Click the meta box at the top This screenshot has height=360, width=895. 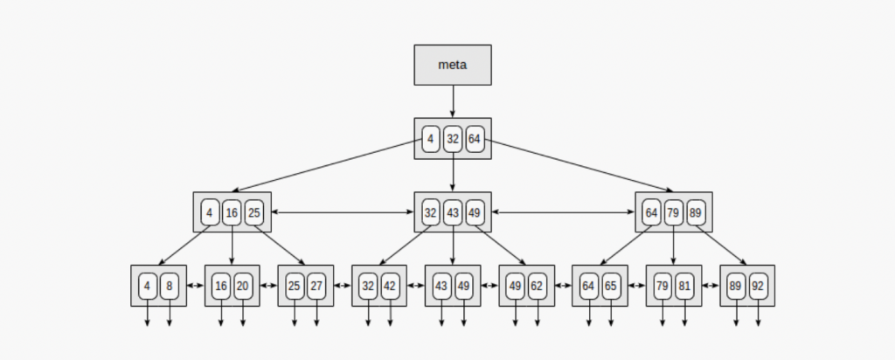pyautogui.click(x=453, y=65)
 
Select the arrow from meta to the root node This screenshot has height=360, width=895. pyautogui.click(x=453, y=101)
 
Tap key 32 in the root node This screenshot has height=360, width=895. pyautogui.click(x=453, y=139)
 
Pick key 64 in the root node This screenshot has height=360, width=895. pyautogui.click(x=475, y=139)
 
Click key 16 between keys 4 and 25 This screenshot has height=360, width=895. pyautogui.click(x=232, y=212)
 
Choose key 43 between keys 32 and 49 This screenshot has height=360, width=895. pyautogui.click(x=453, y=212)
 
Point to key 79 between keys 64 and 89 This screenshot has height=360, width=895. pyautogui.click(x=674, y=212)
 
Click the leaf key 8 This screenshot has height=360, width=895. pyautogui.click(x=169, y=285)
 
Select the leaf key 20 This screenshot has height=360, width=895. pyautogui.click(x=242, y=285)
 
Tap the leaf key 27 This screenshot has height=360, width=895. pyautogui.click(x=316, y=285)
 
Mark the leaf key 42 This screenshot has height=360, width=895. pyautogui.click(x=390, y=285)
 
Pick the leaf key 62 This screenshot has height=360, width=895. pyautogui.click(x=537, y=285)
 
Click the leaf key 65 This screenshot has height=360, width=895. pyautogui.click(x=610, y=285)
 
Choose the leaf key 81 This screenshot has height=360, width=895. pyautogui.click(x=683, y=285)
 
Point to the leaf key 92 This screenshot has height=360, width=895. pyautogui.click(x=757, y=285)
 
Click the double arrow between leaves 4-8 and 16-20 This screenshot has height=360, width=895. pyautogui.click(x=195, y=285)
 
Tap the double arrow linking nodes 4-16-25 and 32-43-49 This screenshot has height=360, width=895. pyautogui.click(x=343, y=212)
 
